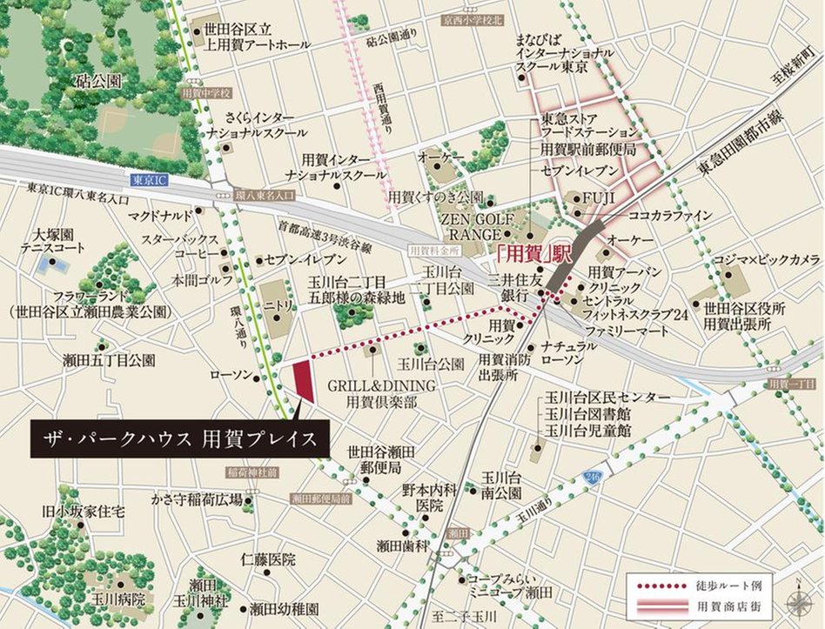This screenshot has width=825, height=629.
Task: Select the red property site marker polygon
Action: (x=303, y=380)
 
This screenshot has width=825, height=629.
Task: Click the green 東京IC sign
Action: (x=149, y=180)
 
